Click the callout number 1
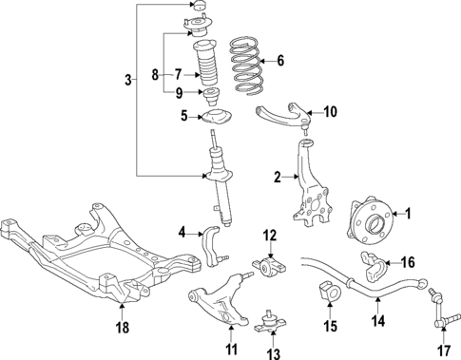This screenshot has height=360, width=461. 410,213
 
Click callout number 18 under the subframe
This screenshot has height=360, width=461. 122,330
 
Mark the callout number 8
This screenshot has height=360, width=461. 154,72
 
